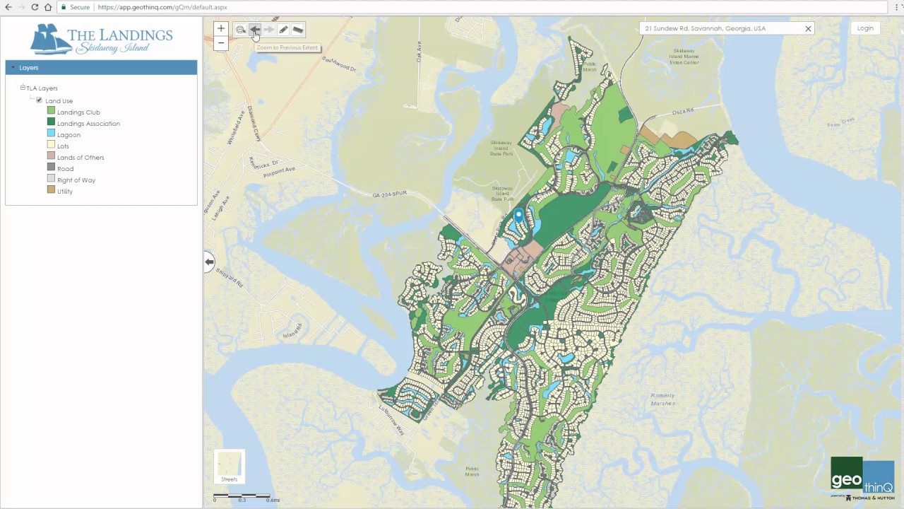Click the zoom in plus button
221,29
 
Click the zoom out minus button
221,43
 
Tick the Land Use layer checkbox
39,100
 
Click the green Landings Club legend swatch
51,112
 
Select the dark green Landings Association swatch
51,123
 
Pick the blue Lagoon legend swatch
51,134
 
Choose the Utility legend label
65,192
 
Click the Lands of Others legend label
81,158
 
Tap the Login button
865,28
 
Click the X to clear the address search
808,29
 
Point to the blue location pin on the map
518,215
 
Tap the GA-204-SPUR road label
390,194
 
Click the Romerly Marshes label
662,399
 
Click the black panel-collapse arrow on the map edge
209,262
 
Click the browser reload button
35,7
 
